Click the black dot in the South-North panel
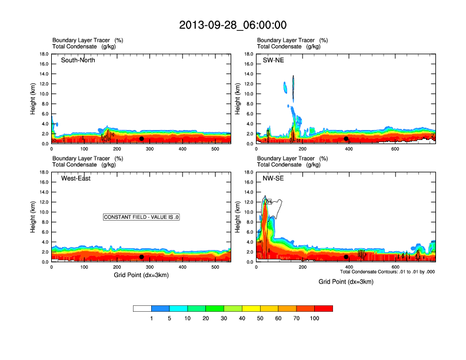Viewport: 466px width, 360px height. click(x=142, y=139)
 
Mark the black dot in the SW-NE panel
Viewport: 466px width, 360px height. click(x=346, y=139)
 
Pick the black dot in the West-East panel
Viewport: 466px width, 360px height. click(x=142, y=257)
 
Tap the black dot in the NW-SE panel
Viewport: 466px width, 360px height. click(x=346, y=257)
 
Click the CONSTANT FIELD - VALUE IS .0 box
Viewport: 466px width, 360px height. click(x=141, y=217)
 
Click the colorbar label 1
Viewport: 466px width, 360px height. click(x=151, y=318)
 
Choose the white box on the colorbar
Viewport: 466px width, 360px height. click(x=142, y=308)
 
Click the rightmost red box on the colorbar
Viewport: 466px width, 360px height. click(x=324, y=308)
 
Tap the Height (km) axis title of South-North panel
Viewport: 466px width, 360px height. click(x=34, y=99)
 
